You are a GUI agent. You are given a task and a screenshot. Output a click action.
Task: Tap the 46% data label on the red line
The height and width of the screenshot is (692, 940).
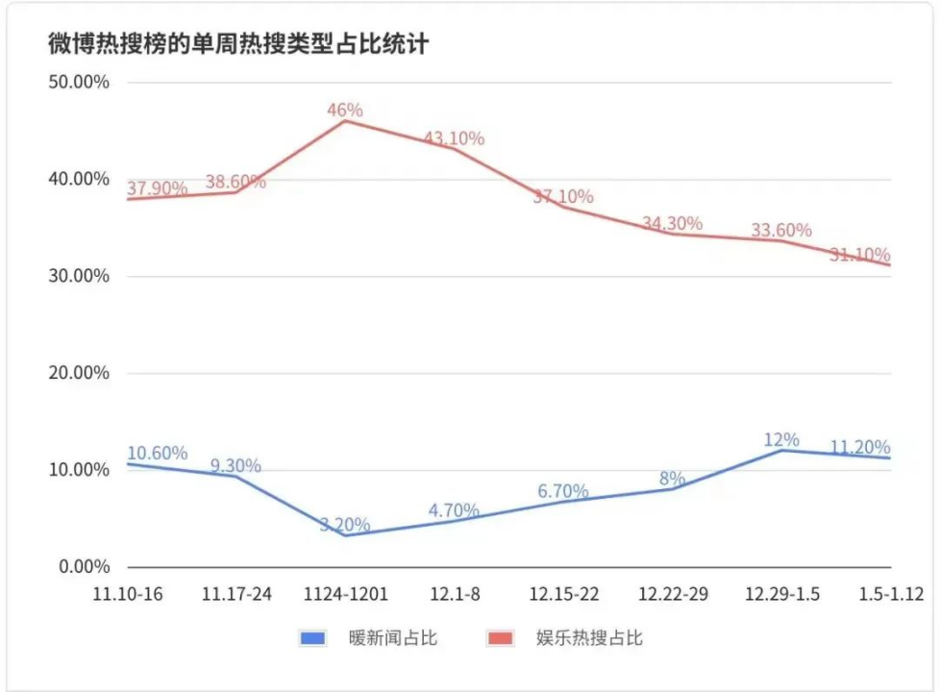pyautogui.click(x=345, y=110)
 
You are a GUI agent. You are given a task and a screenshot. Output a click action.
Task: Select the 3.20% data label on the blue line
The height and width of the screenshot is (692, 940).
pyautogui.click(x=345, y=525)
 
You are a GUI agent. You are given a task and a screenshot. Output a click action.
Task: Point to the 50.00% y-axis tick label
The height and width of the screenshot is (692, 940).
pyautogui.click(x=79, y=82)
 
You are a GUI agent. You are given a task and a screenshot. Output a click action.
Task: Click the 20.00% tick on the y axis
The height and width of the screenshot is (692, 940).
pyautogui.click(x=79, y=373)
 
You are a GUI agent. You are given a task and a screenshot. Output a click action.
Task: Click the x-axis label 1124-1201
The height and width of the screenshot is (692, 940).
pyautogui.click(x=345, y=594)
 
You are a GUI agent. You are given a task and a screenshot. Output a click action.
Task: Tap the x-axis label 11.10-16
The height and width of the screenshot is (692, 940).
pyautogui.click(x=128, y=594)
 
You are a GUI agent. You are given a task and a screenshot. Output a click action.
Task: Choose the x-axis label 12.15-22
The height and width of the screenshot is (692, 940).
pyautogui.click(x=563, y=594)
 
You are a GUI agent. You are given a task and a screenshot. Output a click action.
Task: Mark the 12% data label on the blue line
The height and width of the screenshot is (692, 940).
pyautogui.click(x=781, y=439)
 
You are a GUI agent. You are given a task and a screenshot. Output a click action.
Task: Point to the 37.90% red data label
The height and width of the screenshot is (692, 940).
pyautogui.click(x=157, y=188)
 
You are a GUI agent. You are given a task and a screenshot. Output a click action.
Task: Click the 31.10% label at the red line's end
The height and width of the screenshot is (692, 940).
pyautogui.click(x=860, y=255)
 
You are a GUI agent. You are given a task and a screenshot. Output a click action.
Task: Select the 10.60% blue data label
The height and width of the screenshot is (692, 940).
pyautogui.click(x=157, y=454)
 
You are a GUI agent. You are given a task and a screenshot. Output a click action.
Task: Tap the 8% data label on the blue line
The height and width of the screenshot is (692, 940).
pyautogui.click(x=672, y=478)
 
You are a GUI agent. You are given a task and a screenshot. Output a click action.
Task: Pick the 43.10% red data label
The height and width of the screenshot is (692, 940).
pyautogui.click(x=454, y=138)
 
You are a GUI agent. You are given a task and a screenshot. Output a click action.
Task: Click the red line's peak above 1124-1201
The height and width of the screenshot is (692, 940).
pyautogui.click(x=346, y=120)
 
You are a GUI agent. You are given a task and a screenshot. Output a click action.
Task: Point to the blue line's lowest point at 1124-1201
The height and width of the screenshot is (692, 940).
pyautogui.click(x=346, y=534)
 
